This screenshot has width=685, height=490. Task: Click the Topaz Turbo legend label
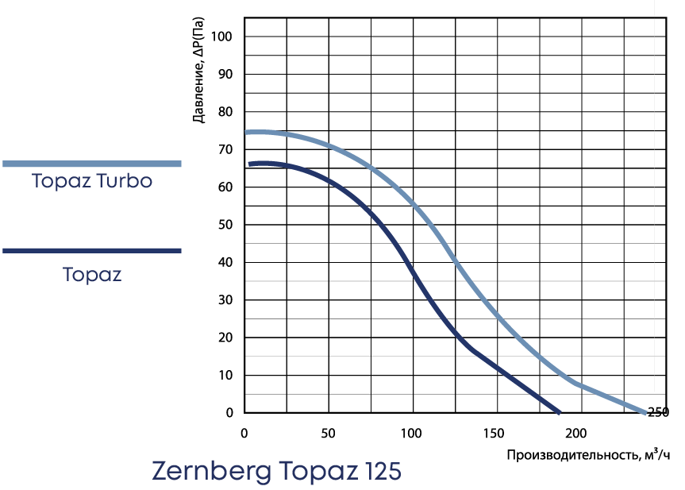(x=92, y=181)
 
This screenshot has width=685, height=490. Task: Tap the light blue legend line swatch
(x=92, y=164)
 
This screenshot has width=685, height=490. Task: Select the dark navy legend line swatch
(x=92, y=251)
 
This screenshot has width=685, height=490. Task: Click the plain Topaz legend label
(x=92, y=276)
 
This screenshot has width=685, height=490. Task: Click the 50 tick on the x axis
(x=327, y=433)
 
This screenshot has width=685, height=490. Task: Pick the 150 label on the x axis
(x=495, y=433)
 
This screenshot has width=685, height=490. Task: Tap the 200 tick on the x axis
(x=579, y=433)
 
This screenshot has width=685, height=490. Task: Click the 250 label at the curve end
(x=659, y=412)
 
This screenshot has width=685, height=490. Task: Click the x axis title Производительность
(x=588, y=455)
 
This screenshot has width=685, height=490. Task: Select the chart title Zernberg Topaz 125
(x=276, y=471)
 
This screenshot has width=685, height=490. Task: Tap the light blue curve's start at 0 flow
(x=246, y=133)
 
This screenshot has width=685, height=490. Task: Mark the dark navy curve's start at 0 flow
(x=250, y=164)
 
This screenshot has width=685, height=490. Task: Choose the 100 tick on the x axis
(x=411, y=433)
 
